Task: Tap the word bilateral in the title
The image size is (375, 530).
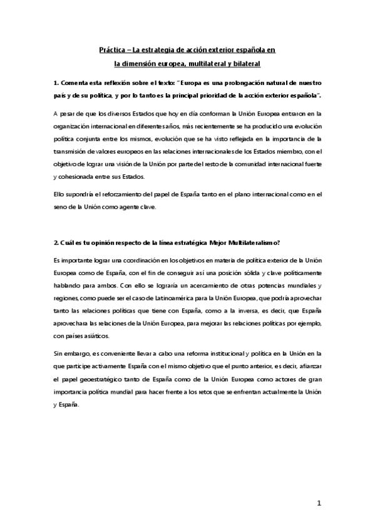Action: coord(245,64)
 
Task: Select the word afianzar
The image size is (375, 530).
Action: coord(307,366)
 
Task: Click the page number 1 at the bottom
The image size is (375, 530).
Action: coord(319,503)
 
